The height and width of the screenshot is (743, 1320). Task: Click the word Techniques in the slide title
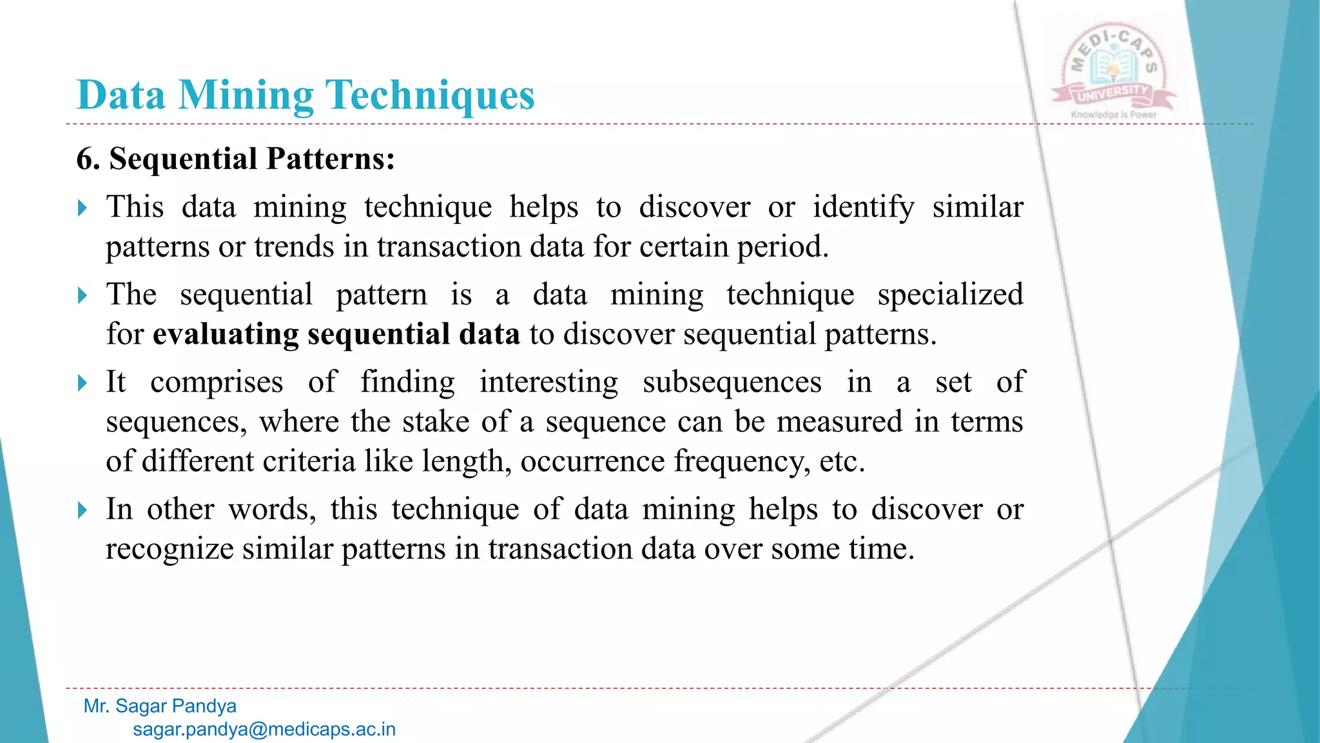[431, 95]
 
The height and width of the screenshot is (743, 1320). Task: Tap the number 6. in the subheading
[88, 159]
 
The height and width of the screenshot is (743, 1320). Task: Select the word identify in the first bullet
[863, 208]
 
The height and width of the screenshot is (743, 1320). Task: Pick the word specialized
[950, 295]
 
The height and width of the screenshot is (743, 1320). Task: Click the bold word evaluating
[226, 335]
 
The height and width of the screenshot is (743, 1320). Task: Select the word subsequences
[732, 382]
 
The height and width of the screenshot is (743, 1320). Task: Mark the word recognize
[170, 550]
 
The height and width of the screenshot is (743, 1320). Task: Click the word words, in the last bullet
[272, 510]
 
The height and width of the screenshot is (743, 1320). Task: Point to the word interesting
[548, 382]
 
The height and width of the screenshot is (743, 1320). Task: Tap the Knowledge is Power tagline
[1114, 115]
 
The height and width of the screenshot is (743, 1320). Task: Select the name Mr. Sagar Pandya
[160, 706]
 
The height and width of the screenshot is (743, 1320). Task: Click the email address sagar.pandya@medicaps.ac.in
[264, 729]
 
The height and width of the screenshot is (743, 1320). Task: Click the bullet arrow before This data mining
[82, 208]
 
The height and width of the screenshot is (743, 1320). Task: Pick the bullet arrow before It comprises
[82, 383]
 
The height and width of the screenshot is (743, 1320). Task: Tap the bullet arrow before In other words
[82, 510]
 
